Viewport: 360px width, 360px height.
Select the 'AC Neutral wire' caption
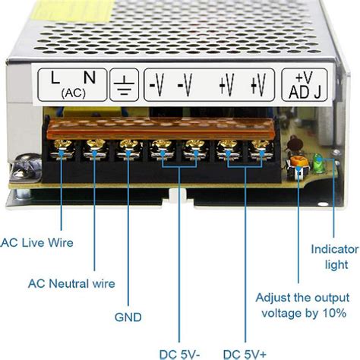tap(71, 284)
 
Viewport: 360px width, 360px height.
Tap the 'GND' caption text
tap(128, 317)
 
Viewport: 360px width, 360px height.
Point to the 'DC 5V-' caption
tap(180, 352)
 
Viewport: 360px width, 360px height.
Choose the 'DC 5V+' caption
tap(244, 352)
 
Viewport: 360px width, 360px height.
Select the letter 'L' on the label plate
tap(55, 77)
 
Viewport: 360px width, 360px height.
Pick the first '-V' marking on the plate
tap(156, 83)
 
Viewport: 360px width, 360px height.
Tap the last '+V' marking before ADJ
tap(259, 83)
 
